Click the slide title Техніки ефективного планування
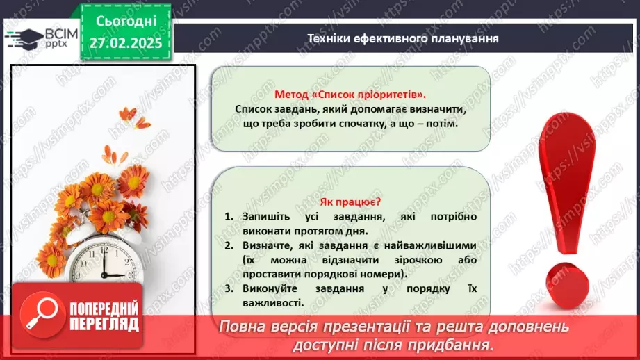tap(403, 38)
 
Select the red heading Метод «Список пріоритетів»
tap(350, 95)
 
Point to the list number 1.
tap(229, 217)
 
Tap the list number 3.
tap(229, 288)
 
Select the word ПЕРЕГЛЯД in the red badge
tap(104, 325)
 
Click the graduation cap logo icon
tap(22, 37)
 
